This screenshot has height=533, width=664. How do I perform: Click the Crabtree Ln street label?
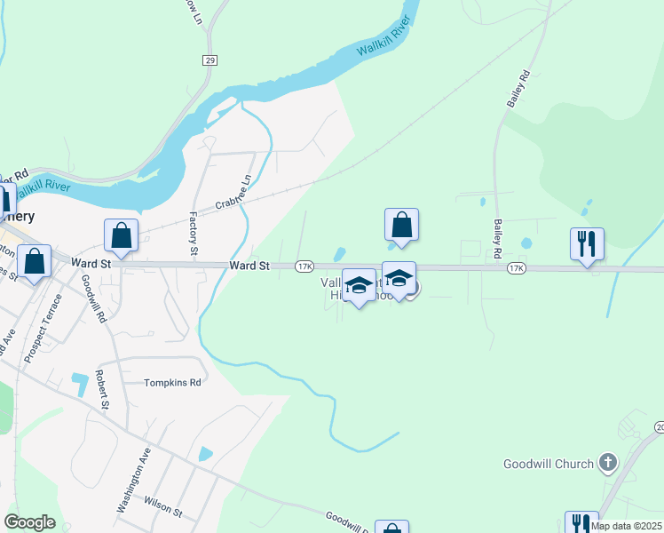(233, 192)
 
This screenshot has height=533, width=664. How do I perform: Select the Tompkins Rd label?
(173, 383)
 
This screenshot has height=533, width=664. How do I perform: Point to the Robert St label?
(103, 390)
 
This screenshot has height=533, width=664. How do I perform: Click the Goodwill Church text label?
(548, 464)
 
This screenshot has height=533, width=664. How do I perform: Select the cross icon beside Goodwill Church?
(608, 462)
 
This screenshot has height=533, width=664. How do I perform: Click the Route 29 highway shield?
(209, 60)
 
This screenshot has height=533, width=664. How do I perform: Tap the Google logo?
(29, 522)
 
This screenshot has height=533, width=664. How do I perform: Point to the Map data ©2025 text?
(625, 526)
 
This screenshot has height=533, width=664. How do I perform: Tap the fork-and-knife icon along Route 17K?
(587, 243)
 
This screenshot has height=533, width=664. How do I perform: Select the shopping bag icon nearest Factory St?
(122, 235)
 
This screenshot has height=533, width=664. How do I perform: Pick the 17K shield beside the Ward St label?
(304, 266)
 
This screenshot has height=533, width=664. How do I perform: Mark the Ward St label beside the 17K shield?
(249, 266)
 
